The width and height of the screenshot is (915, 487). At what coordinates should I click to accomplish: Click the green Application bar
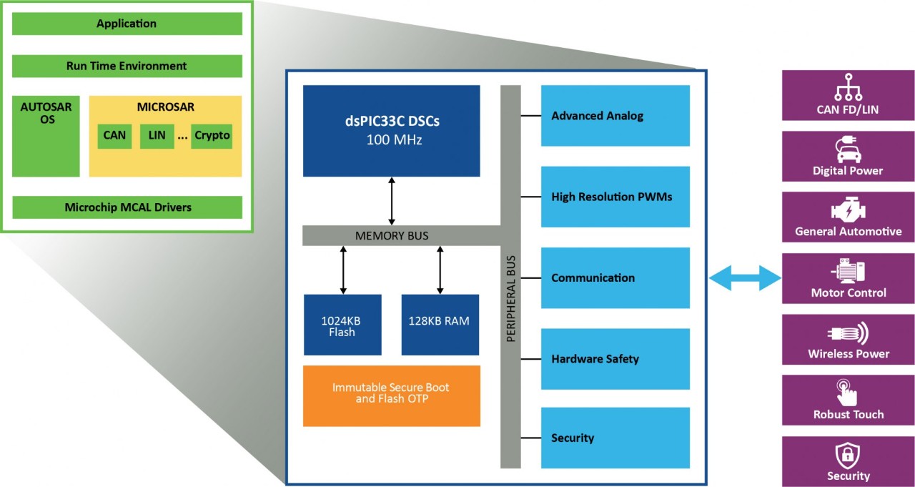point(127,24)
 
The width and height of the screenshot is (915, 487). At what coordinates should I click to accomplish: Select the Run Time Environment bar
point(127,66)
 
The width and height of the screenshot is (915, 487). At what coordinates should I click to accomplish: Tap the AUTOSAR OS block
point(46,136)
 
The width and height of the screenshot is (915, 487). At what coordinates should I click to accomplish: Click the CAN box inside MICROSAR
point(114,134)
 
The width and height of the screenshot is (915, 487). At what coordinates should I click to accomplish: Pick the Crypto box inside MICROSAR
point(212,134)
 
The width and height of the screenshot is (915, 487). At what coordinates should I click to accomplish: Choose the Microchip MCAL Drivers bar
point(127,207)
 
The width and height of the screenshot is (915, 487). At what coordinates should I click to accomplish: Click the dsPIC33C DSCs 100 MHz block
point(391,130)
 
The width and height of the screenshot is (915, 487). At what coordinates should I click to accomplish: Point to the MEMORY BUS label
point(392,235)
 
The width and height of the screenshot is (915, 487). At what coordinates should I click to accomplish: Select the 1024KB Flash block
point(342,325)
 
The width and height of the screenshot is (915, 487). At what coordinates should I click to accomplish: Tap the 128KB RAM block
point(440,325)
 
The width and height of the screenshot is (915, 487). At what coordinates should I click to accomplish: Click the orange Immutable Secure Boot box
point(391,395)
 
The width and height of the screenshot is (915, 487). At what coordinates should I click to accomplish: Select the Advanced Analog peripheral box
point(615,116)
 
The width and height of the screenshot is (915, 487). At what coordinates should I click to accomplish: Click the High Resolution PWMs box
point(615,197)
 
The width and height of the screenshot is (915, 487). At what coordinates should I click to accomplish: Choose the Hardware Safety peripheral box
point(615,359)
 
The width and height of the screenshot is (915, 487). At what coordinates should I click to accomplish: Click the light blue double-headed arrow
point(744,277)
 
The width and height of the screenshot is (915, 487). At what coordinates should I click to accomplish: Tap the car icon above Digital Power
point(848,151)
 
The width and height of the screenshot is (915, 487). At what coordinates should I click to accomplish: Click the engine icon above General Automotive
point(848,212)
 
